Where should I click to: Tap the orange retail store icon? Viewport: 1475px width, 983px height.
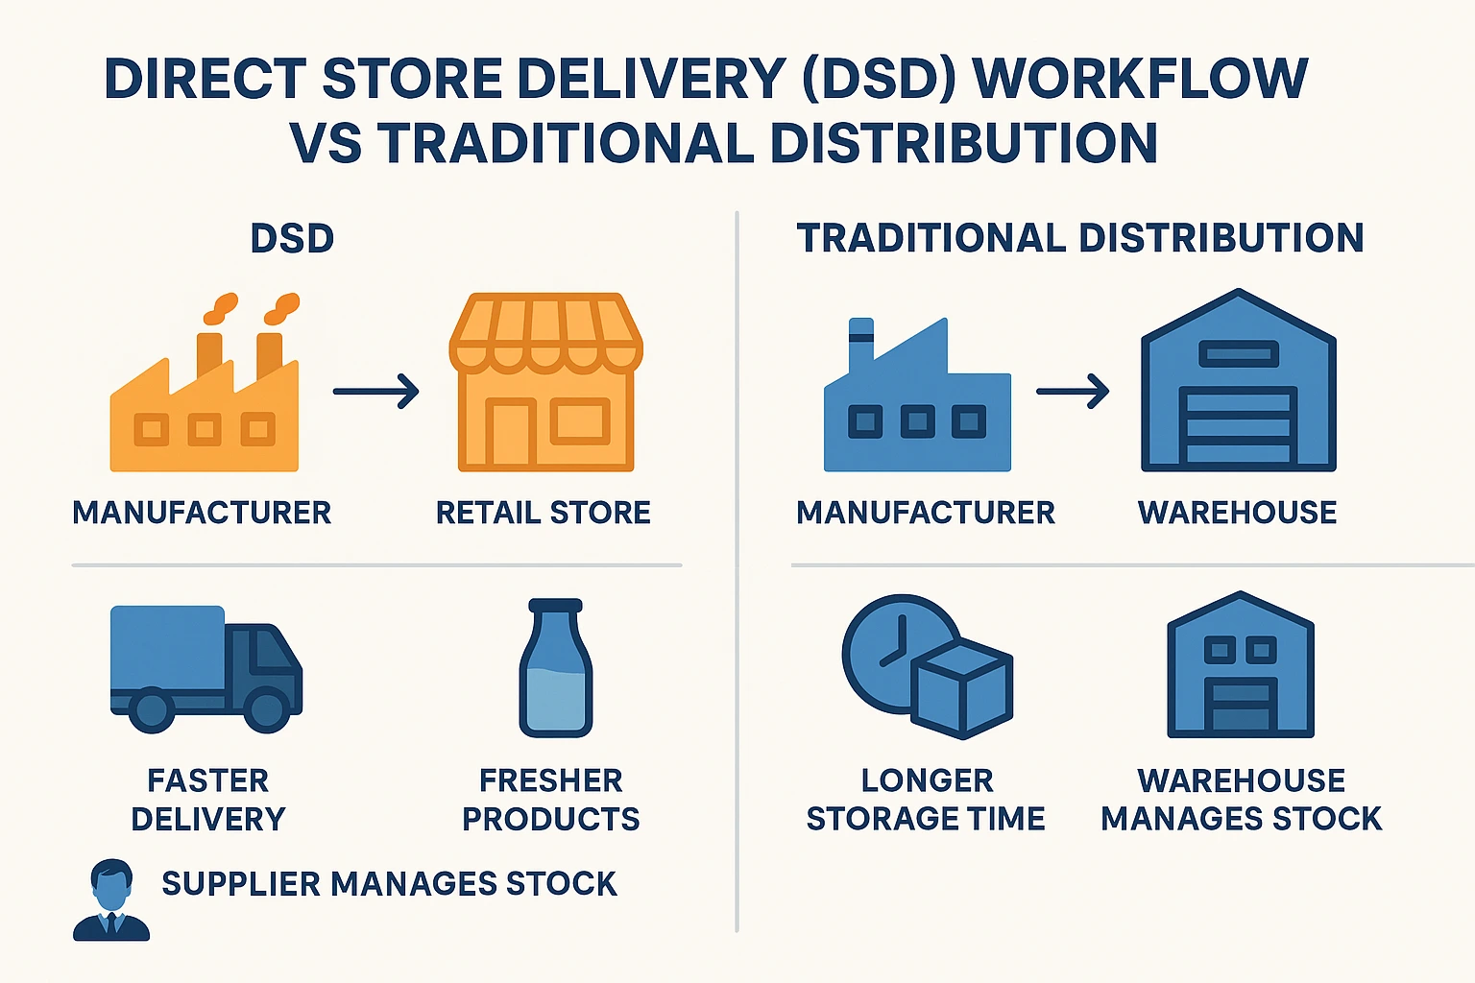click(x=545, y=382)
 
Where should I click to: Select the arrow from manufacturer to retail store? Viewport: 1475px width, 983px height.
click(x=376, y=391)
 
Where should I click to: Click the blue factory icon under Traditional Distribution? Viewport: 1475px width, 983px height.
click(x=917, y=396)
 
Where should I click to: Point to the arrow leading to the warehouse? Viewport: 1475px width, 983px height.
click(x=1073, y=391)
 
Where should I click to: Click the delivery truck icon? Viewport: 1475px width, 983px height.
click(x=206, y=669)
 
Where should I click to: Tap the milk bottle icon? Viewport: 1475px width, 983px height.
click(x=556, y=667)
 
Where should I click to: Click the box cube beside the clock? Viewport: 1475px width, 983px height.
click(x=962, y=690)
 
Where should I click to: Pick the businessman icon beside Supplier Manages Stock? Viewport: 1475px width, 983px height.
click(x=111, y=900)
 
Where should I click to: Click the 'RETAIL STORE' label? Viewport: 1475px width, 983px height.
click(x=544, y=513)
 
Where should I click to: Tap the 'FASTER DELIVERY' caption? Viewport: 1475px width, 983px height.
click(x=208, y=800)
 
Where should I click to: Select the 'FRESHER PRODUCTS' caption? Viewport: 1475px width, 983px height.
click(x=550, y=800)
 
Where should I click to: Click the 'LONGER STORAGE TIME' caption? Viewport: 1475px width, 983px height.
click(x=926, y=800)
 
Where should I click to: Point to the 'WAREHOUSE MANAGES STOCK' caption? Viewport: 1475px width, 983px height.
click(x=1242, y=800)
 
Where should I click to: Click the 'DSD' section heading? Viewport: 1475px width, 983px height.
click(x=292, y=238)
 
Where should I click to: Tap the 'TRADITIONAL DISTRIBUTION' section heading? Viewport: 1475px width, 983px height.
click(x=1080, y=238)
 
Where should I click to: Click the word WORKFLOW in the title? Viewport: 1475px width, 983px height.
click(x=1140, y=79)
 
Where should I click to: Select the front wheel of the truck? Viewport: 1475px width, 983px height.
click(x=266, y=709)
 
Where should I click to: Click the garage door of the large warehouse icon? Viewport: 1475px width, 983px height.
click(x=1238, y=426)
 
